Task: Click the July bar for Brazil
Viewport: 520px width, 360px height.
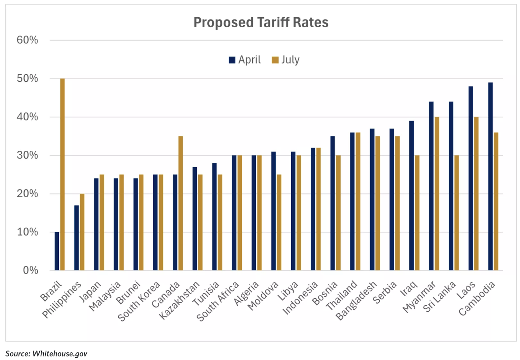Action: (x=62, y=174)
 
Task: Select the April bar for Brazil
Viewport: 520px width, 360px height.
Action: (x=57, y=251)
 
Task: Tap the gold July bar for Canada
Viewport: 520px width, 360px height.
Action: (x=181, y=203)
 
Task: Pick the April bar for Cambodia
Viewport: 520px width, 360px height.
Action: (x=490, y=176)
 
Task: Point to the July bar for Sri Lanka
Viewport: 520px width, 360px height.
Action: (x=457, y=212)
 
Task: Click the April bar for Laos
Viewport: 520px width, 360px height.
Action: (x=471, y=178)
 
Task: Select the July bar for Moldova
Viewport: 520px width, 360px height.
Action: (x=279, y=222)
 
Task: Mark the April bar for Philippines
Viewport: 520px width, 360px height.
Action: (x=76, y=238)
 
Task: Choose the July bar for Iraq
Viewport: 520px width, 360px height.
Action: (x=417, y=212)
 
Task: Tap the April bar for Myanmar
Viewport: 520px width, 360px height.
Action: (x=431, y=186)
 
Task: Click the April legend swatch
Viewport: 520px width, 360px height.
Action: (x=232, y=60)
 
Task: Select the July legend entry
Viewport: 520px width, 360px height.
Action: (x=286, y=60)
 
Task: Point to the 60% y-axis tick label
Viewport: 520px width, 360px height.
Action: (x=27, y=40)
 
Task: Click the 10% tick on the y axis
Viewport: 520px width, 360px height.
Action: (x=27, y=232)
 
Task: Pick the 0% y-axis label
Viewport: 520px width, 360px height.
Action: (x=30, y=270)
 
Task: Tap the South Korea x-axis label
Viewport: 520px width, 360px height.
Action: (x=139, y=301)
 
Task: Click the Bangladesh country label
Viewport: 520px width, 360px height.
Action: (x=356, y=301)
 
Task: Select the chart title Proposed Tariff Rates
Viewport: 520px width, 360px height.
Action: (x=261, y=22)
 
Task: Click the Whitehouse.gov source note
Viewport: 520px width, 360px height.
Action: (x=46, y=354)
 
